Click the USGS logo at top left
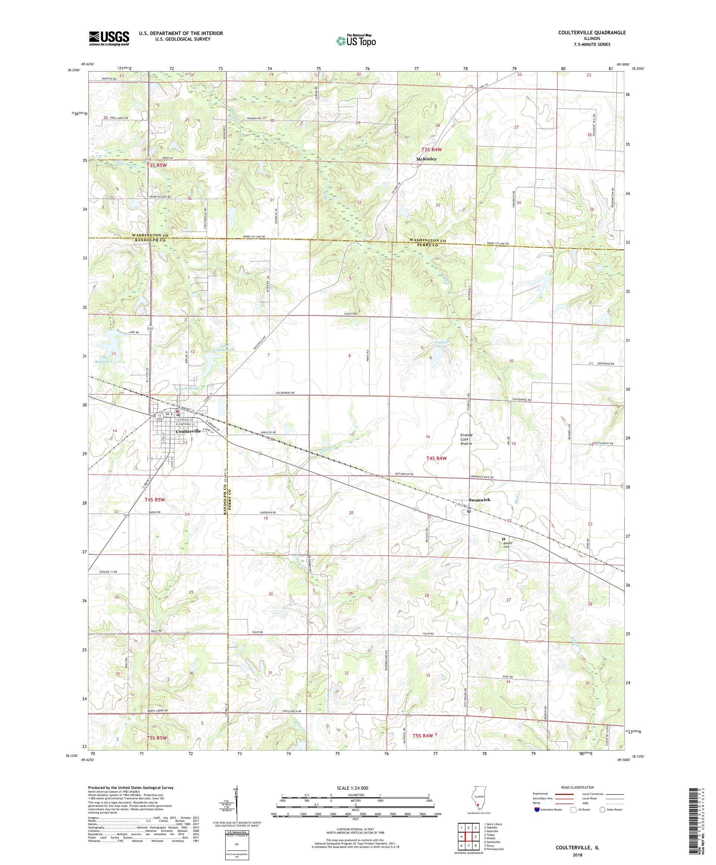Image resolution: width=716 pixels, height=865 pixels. (109, 39)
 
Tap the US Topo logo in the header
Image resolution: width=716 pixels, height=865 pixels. (357, 40)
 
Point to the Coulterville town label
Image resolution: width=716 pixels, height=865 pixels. (188, 431)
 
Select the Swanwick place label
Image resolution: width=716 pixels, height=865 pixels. (480, 500)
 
